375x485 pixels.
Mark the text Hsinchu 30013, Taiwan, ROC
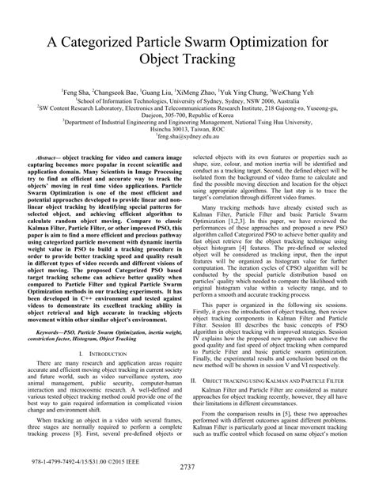click(x=187, y=130)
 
